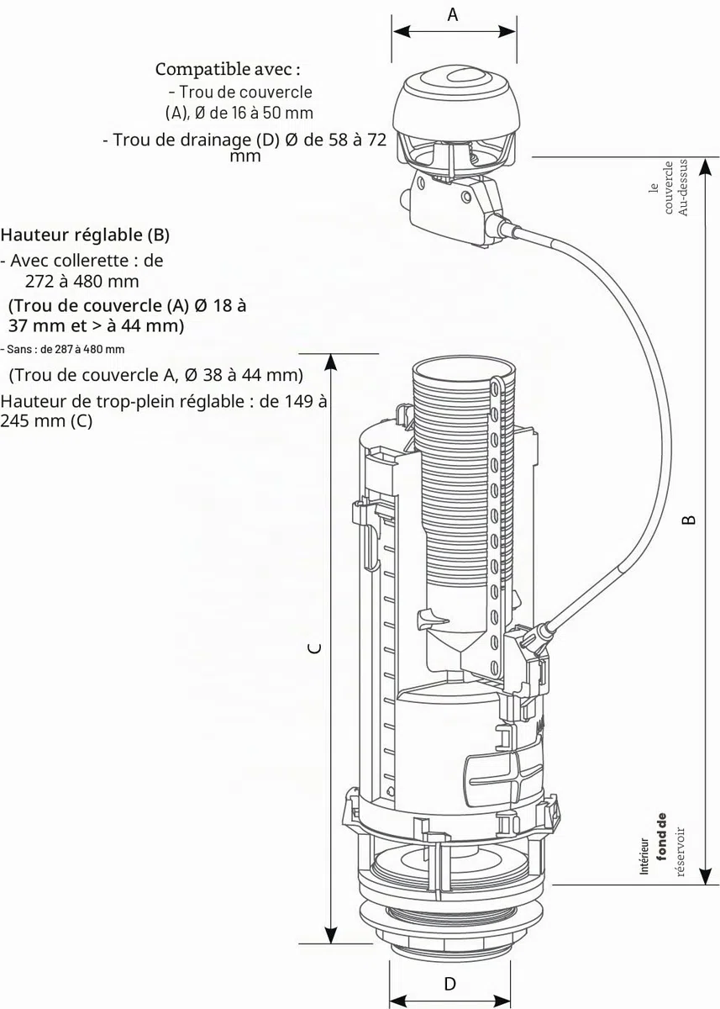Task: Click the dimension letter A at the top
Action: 453,14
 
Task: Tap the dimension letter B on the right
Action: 689,519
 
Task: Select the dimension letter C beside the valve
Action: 317,647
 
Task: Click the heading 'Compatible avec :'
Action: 228,69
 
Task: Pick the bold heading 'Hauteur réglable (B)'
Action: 85,235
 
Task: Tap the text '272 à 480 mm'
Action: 81,282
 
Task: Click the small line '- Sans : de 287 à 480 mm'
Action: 62,349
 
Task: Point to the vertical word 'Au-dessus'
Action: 683,187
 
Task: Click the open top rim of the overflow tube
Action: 463,368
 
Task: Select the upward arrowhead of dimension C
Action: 331,362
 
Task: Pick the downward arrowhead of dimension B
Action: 706,875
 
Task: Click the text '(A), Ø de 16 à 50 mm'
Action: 239,113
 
